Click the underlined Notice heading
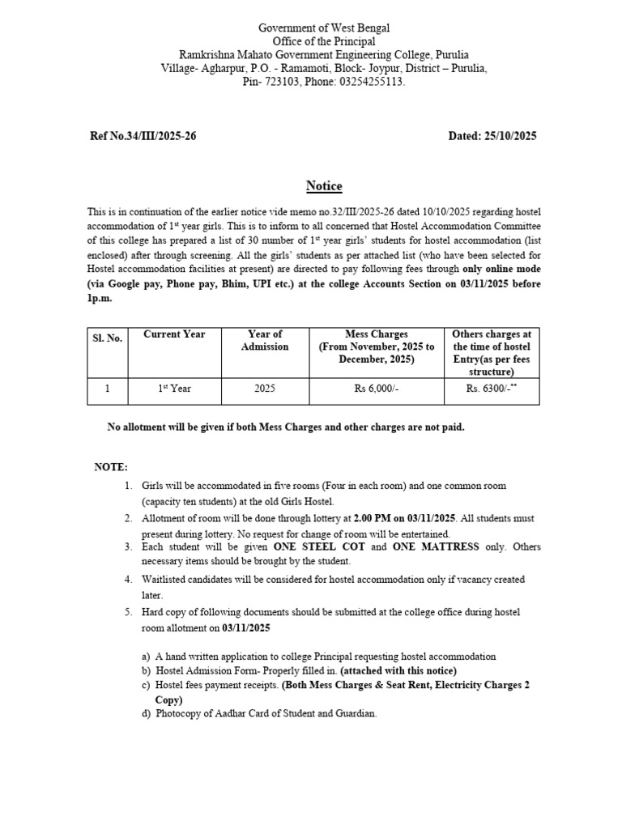(324, 186)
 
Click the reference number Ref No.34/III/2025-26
(143, 136)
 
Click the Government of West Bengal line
(324, 28)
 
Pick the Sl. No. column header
(107, 338)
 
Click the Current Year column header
(174, 334)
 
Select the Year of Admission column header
(265, 340)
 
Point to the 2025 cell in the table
(265, 389)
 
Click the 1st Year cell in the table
(174, 389)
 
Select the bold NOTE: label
(111, 468)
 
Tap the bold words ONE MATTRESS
(436, 547)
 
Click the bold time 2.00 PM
(373, 517)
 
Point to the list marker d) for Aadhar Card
(147, 714)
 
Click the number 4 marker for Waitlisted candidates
(128, 580)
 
